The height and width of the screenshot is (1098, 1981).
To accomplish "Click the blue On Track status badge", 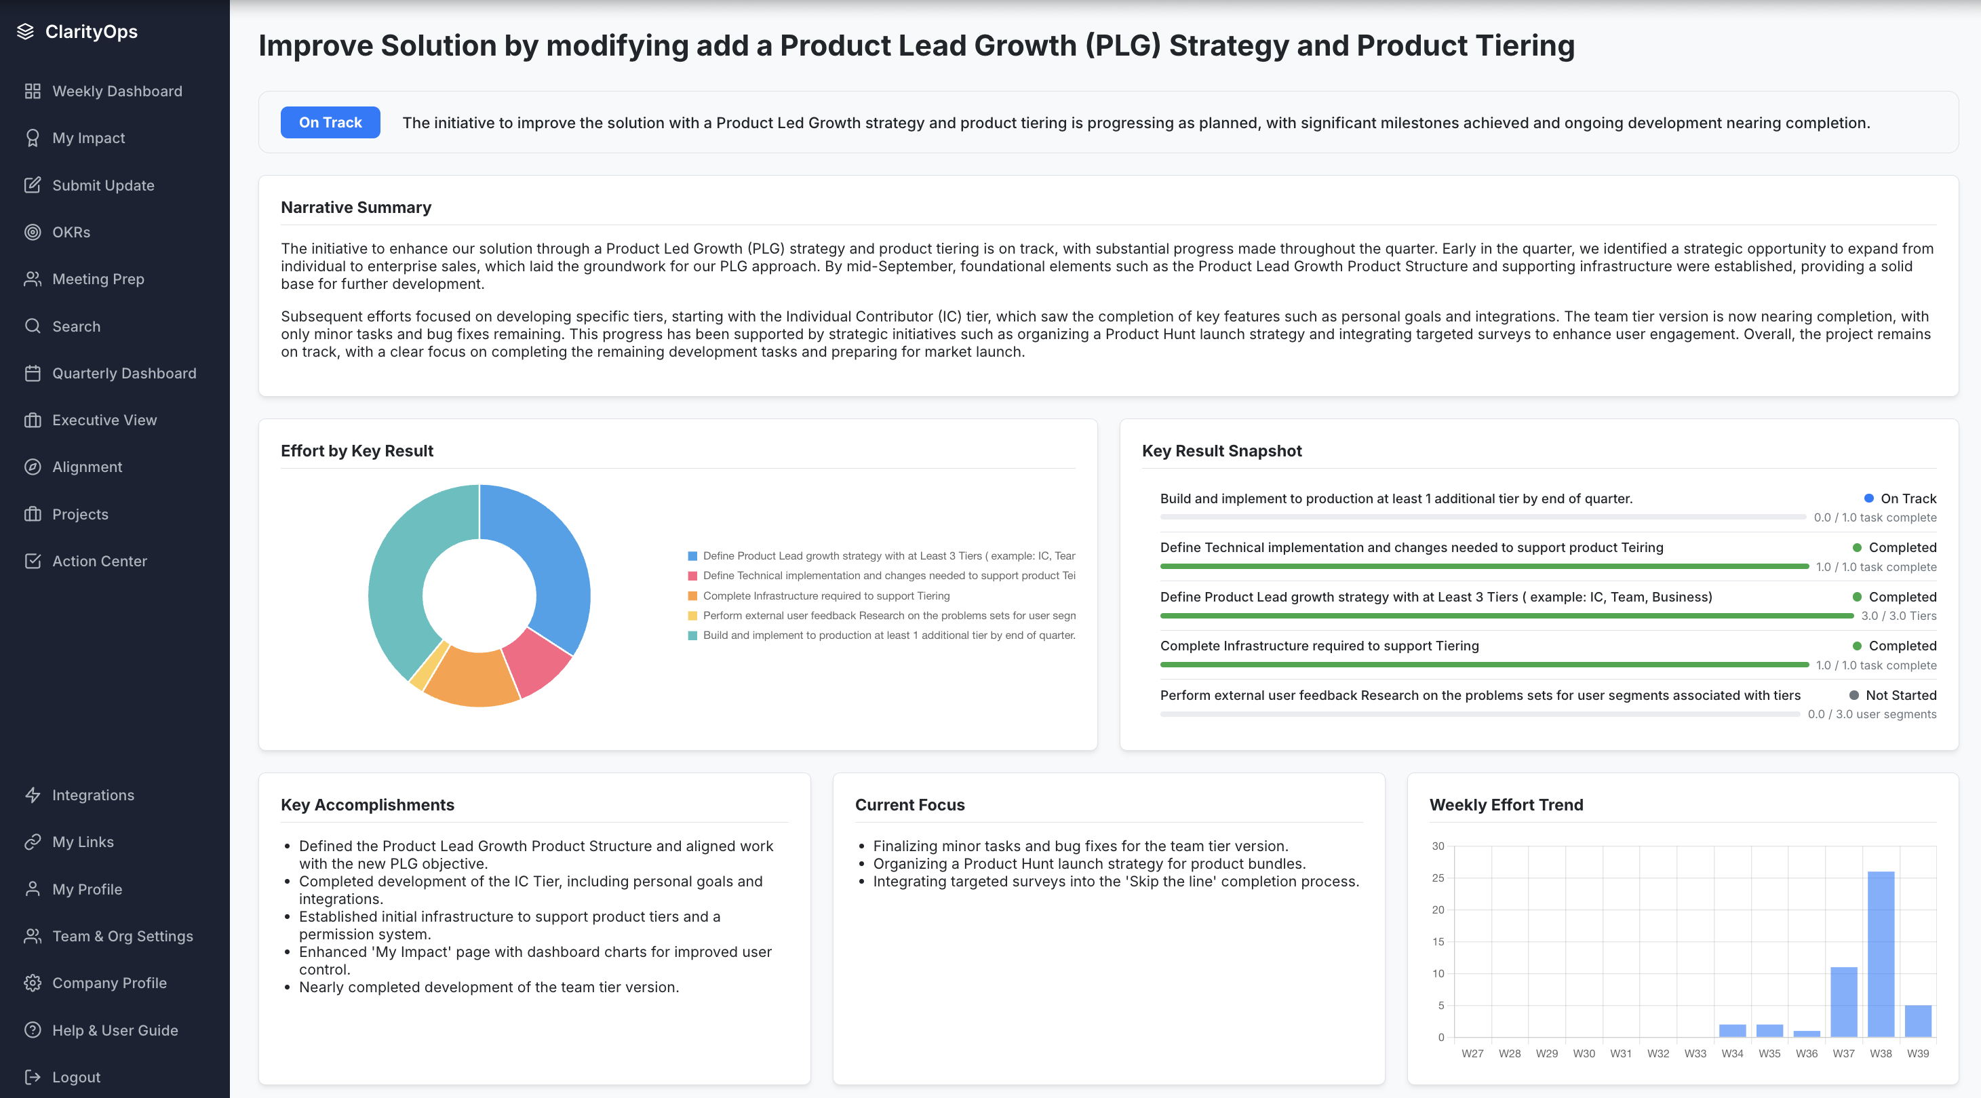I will pyautogui.click(x=330, y=122).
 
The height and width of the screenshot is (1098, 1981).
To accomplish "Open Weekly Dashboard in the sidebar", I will pyautogui.click(x=117, y=91).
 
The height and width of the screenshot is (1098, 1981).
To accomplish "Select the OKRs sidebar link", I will pyautogui.click(x=71, y=232).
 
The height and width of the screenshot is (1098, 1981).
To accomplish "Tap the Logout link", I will pyautogui.click(x=75, y=1076).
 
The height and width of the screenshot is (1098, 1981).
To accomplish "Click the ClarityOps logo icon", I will pyautogui.click(x=25, y=31).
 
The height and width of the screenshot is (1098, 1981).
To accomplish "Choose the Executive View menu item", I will pyautogui.click(x=104, y=420).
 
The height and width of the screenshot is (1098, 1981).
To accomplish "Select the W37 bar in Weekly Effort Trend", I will pyautogui.click(x=1843, y=1001).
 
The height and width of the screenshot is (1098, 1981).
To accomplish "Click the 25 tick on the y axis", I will pyautogui.click(x=1437, y=878).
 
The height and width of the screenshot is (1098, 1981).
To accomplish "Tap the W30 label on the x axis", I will pyautogui.click(x=1584, y=1053).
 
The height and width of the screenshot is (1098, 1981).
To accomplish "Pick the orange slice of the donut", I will pyautogui.click(x=471, y=678).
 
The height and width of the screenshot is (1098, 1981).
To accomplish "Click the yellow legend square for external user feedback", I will pyautogui.click(x=692, y=615).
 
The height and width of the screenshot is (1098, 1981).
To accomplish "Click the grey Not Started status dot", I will pyautogui.click(x=1853, y=695).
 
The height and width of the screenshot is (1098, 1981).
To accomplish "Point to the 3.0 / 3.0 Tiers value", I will pyautogui.click(x=1898, y=616).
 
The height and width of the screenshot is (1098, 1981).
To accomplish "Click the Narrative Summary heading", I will pyautogui.click(x=355, y=207).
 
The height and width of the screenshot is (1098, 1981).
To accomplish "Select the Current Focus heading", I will pyautogui.click(x=909, y=804).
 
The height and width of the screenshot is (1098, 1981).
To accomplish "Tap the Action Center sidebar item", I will pyautogui.click(x=99, y=562).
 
